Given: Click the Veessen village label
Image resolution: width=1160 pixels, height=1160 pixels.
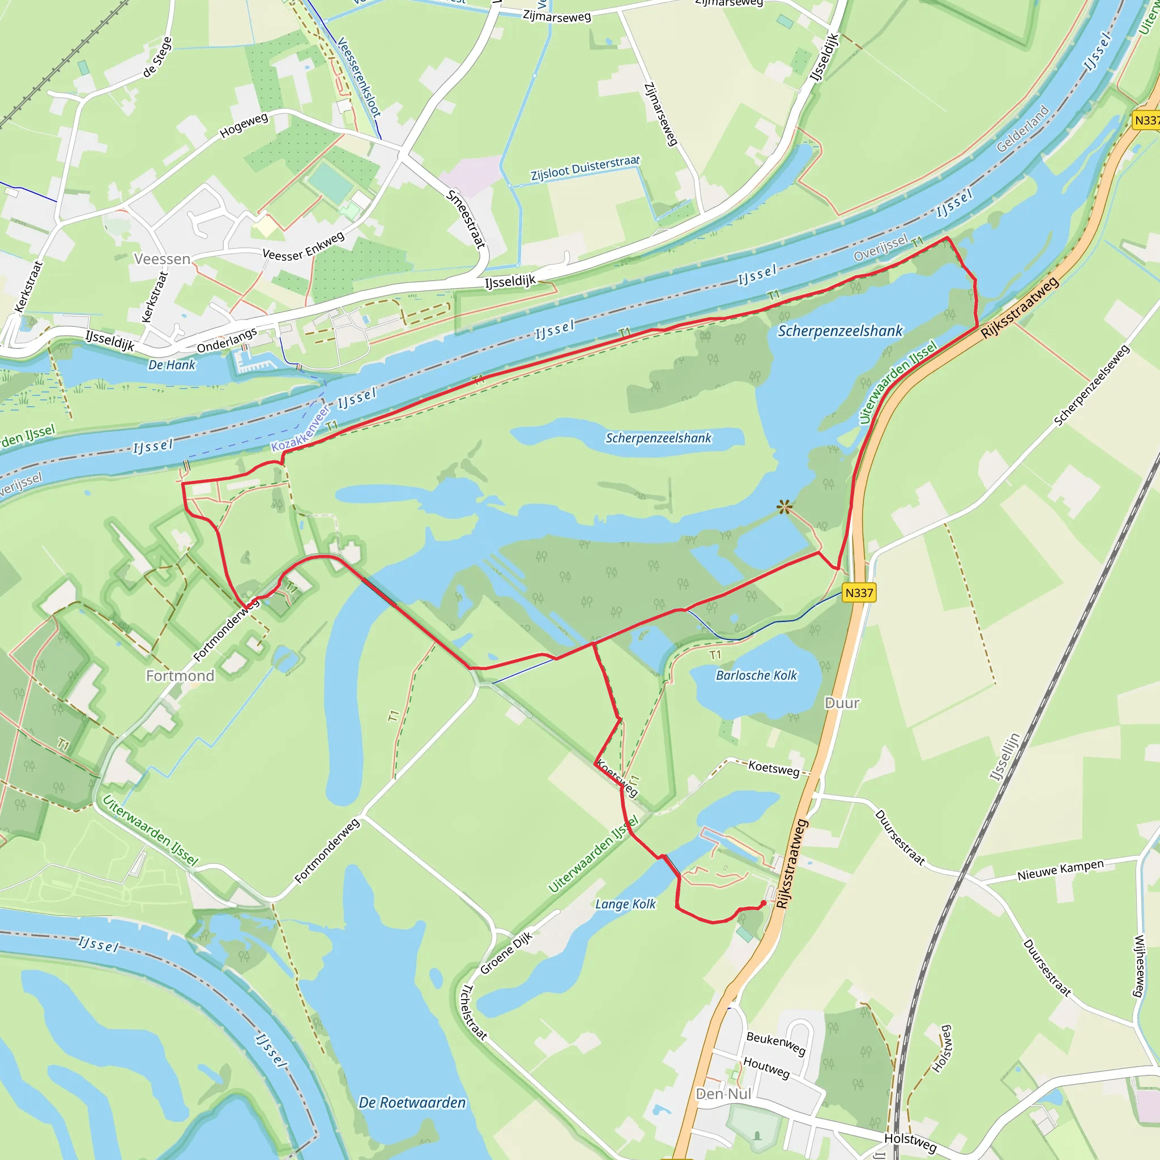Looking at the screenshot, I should coord(162,259).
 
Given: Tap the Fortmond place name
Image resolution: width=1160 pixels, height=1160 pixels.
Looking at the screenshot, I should coord(180,676).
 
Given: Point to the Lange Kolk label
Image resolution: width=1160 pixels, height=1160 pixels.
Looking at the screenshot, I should coord(626,903).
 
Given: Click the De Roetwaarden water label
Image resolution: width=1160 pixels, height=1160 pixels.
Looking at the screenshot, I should coord(412,1102).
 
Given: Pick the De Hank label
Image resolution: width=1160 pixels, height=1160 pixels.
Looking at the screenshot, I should coord(172,364).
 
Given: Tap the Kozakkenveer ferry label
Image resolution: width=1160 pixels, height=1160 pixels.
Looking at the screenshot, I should coord(301,429).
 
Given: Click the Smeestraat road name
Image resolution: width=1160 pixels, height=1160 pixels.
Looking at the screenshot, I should coord(466,219).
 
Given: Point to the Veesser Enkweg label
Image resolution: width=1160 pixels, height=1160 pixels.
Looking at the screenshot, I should coord(304,246).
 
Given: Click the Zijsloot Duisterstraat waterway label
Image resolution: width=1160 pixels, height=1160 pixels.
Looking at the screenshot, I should coord(585,168).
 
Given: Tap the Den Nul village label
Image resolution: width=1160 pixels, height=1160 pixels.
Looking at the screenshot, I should coord(723,1093).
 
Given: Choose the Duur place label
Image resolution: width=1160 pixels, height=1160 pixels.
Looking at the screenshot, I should coord(842,702).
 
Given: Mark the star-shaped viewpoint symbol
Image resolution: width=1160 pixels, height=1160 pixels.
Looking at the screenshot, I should coord(784,507).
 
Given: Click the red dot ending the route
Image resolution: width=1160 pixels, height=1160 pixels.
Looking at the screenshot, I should coord(763,902).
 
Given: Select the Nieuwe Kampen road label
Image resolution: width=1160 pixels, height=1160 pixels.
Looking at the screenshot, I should coord(1060,869).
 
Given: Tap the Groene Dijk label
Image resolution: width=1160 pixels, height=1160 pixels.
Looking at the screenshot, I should coord(506,953).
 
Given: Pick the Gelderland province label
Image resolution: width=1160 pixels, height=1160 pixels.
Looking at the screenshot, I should coord(1022,129).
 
